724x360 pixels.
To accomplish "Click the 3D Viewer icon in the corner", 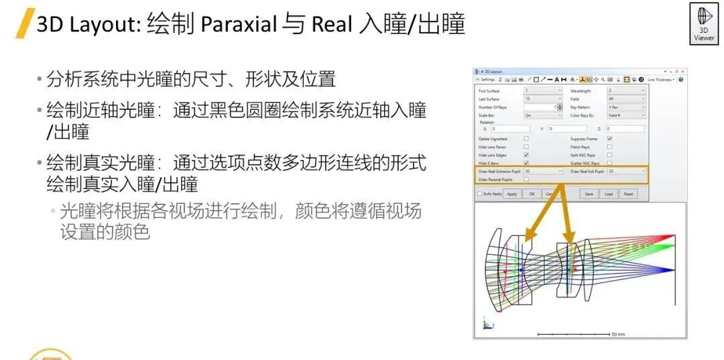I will (x=703, y=25).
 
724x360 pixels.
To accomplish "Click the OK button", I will (x=531, y=194).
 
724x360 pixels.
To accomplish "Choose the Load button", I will (x=608, y=194).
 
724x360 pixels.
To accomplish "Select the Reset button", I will (x=628, y=194).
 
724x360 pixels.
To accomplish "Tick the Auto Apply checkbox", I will (x=479, y=194).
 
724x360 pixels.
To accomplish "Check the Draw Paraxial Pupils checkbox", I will (x=526, y=179).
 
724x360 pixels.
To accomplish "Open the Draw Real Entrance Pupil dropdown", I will (x=543, y=171).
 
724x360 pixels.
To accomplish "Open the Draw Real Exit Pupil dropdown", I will (x=626, y=171).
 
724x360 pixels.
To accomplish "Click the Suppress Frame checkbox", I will (x=609, y=139).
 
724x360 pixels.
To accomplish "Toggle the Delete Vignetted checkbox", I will (x=526, y=139).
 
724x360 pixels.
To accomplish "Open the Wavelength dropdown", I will (x=626, y=91).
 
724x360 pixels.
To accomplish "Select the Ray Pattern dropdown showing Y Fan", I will (x=626, y=107).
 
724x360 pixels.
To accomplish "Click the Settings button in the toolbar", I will (x=487, y=79).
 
